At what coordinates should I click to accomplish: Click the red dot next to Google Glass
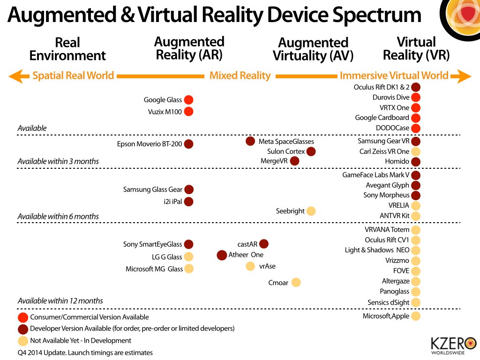(188, 100)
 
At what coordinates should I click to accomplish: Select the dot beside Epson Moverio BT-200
(188, 144)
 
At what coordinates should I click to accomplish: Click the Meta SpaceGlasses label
(286, 142)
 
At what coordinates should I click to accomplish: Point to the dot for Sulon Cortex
(310, 151)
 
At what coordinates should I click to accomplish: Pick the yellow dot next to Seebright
(310, 211)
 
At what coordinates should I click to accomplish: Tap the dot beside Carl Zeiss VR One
(416, 151)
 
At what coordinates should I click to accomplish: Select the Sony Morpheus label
(386, 195)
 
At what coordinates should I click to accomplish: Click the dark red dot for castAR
(264, 244)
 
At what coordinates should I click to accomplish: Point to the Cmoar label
(278, 283)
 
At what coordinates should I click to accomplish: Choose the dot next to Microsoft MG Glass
(188, 269)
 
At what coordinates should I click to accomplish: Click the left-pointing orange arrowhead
(15, 76)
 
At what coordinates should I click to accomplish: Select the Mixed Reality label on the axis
(240, 76)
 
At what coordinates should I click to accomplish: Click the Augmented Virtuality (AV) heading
(313, 49)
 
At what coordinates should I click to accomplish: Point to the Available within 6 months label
(58, 217)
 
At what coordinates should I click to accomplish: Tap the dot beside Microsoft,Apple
(416, 316)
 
